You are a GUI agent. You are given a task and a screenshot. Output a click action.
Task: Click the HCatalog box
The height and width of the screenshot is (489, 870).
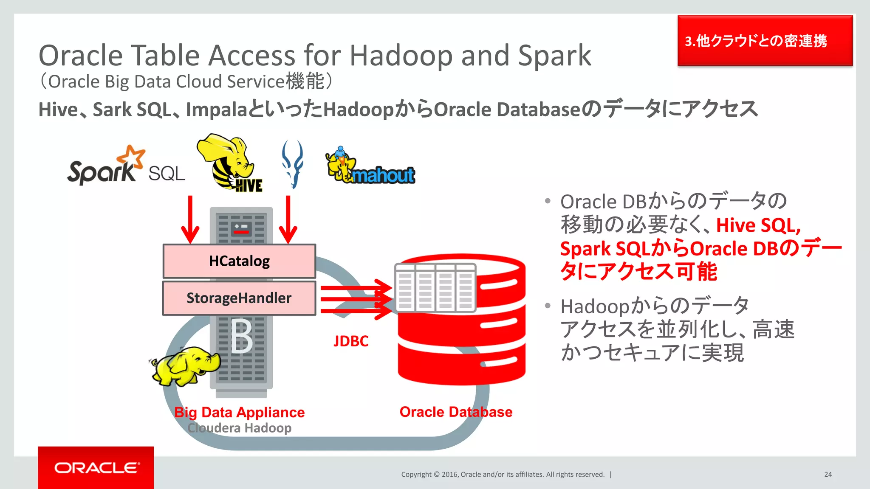239,261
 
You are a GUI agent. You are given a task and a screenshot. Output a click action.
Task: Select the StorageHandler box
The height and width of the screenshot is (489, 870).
239,298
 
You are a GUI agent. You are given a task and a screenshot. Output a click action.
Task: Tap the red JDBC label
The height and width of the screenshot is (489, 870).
351,341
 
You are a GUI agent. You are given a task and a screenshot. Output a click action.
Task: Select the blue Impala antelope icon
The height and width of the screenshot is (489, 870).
293,164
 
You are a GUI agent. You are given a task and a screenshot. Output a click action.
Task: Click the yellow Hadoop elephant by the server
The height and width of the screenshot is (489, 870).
186,365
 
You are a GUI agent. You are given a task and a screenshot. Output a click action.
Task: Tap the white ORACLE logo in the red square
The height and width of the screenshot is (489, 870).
96,468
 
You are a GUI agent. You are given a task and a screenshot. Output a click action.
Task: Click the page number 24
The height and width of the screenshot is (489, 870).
828,475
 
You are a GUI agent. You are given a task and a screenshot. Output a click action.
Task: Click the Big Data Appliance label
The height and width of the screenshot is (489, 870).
240,412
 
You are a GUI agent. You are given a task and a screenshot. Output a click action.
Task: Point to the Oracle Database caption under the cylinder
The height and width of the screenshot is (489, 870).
456,412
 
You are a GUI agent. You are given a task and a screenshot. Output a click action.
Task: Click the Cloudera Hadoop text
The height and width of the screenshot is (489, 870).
240,428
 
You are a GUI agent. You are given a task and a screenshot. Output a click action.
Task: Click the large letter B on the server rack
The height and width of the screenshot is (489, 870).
242,336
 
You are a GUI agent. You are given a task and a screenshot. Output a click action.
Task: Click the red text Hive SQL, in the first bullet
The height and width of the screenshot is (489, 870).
758,225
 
